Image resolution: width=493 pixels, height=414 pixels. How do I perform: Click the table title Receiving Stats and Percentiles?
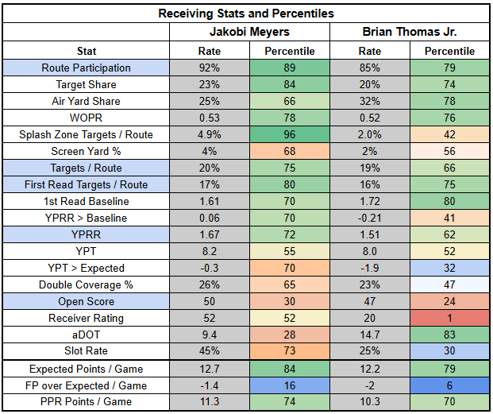click(x=246, y=14)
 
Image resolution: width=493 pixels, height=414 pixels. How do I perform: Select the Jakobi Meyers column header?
click(x=249, y=33)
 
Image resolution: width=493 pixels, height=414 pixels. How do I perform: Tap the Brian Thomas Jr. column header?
click(x=410, y=33)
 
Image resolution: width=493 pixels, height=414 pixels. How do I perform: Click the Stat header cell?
click(x=87, y=51)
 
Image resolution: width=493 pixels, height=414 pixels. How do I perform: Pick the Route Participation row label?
click(x=87, y=68)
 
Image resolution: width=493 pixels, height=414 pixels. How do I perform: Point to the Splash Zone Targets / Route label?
click(x=87, y=134)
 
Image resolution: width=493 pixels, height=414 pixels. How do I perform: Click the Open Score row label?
click(x=87, y=302)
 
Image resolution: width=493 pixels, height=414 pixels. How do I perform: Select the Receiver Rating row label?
click(x=87, y=319)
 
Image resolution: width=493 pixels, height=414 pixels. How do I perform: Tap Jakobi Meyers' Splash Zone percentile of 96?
click(x=290, y=134)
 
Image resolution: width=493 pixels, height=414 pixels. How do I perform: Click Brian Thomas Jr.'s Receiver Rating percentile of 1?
click(x=450, y=319)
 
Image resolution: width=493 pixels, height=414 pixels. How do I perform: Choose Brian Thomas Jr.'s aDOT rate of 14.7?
click(x=369, y=335)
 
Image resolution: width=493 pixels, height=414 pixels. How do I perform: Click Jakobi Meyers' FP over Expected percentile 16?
click(x=290, y=385)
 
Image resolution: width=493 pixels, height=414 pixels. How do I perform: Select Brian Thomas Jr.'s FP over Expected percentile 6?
click(x=450, y=385)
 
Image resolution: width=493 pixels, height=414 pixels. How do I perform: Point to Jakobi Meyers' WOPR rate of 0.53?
click(x=209, y=118)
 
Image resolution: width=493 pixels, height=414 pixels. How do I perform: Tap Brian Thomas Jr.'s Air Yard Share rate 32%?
click(x=369, y=101)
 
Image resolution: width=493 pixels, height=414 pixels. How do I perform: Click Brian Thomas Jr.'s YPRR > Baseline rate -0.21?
click(x=369, y=219)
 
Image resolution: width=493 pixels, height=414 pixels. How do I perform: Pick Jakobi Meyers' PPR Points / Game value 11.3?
click(x=209, y=402)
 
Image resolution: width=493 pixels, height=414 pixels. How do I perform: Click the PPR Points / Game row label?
click(x=87, y=402)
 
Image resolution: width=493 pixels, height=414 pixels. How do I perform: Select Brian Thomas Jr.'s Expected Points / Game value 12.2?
click(x=369, y=369)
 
